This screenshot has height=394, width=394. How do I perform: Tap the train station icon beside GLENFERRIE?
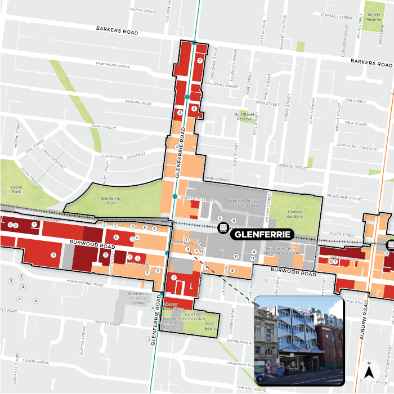(223, 229)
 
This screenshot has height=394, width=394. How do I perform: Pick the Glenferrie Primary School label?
(138, 298)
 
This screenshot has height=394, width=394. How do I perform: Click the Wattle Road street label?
(101, 323)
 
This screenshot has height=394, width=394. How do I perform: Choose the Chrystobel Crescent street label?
(123, 156)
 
